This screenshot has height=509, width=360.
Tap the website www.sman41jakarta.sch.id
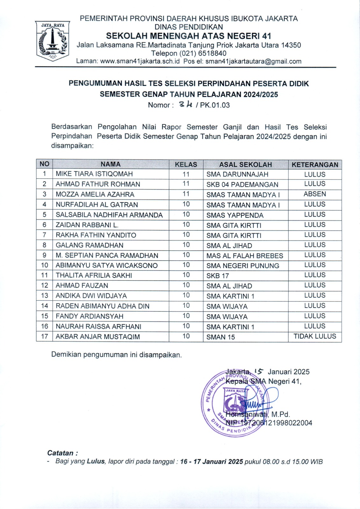coord(140,61)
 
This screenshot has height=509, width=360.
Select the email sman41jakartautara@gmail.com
coord(253,61)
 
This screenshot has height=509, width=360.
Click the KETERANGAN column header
coord(315,164)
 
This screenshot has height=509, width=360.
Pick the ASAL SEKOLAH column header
coord(245,164)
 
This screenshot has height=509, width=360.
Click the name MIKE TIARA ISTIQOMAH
coord(94,174)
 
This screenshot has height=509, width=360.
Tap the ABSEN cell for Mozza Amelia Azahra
coord(315,194)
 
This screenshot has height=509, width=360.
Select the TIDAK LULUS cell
coord(315,336)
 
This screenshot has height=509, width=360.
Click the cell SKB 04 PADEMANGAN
coord(242,185)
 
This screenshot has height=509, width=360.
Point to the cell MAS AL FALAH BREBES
coord(244,256)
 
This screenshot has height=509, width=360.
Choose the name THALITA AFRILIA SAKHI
coord(94,275)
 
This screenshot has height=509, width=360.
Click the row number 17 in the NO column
coord(45,337)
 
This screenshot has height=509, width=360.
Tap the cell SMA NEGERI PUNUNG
coord(243,266)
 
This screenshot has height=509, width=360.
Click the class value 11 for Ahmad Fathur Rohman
coord(186,184)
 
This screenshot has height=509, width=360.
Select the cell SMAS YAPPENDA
coord(235,215)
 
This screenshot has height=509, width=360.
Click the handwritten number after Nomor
coord(186,104)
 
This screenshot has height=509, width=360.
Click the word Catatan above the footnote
coord(60,453)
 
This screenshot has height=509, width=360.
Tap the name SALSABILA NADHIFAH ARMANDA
coord(109,215)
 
